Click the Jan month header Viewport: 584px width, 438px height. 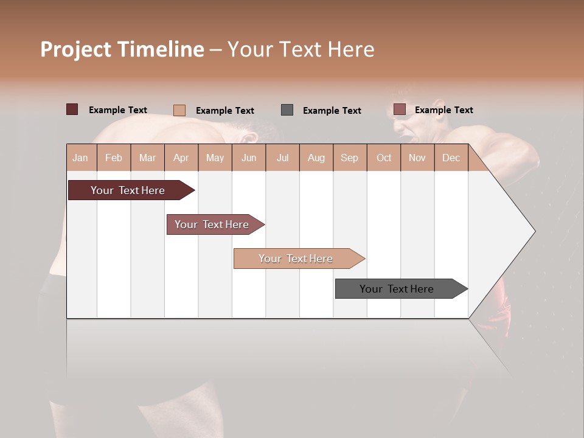coord(80,158)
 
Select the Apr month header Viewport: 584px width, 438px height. coord(181,158)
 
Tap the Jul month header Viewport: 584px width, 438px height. coord(283,158)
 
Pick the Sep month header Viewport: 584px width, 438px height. coord(349,158)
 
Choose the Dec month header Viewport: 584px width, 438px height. coord(451,158)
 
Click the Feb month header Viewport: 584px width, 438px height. coord(114,158)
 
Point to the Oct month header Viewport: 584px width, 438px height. coord(384,158)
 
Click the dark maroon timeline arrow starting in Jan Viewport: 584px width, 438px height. coord(128,190)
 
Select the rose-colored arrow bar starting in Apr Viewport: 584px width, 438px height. coord(212,224)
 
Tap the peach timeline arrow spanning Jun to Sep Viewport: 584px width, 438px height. coord(296,259)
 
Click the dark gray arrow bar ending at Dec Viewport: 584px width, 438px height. coord(397,289)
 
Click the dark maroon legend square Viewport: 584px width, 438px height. coord(72,109)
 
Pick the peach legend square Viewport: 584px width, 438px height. coord(179,110)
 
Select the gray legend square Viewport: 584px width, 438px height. coord(287,110)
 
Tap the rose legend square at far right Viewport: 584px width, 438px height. coord(400,109)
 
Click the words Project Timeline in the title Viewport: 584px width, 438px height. coord(122,49)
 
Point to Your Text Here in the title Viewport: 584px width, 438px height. coord(301,49)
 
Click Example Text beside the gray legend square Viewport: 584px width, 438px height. coord(332,111)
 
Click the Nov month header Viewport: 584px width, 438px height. coord(417,158)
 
